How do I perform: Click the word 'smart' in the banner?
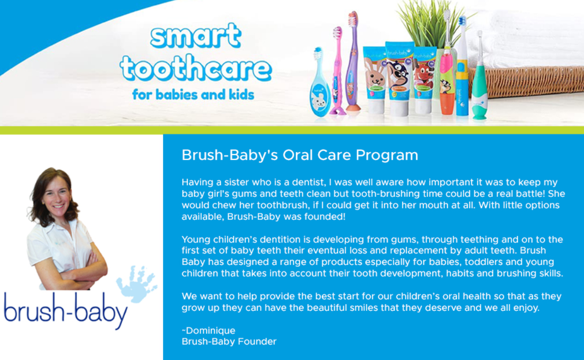(195, 36)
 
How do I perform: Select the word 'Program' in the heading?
(387, 155)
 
